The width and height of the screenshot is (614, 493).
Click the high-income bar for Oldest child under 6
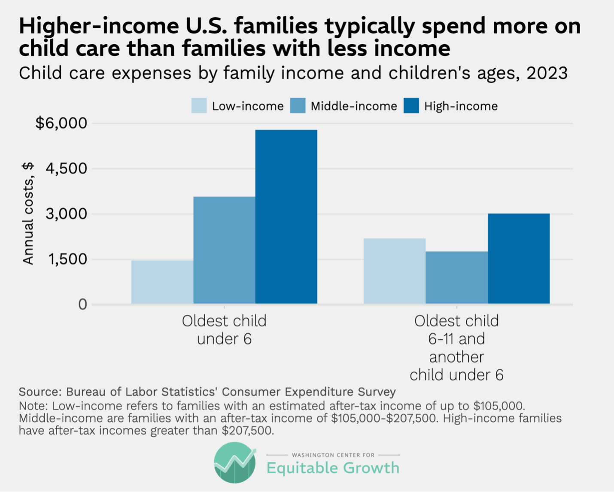pos(286,217)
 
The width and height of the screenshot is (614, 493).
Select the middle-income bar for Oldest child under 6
pos(224,250)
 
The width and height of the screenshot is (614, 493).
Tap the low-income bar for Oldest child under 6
pos(162,282)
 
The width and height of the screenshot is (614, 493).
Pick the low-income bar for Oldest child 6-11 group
pos(395,271)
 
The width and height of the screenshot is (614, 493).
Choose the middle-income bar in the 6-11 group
pos(456,277)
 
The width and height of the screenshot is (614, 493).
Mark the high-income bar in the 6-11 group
pos(518,259)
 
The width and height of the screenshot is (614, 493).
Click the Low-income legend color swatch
pos(199,106)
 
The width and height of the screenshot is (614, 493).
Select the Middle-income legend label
pos(354,106)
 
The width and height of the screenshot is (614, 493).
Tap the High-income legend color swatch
pos(411,106)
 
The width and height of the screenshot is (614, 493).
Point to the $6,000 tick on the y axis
pos(61,123)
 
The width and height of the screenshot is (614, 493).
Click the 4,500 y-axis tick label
pos(66,168)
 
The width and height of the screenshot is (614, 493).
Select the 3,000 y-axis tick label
pos(66,214)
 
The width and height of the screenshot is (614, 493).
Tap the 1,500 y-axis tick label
pos(66,259)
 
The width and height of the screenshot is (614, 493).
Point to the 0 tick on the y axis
pos(82,304)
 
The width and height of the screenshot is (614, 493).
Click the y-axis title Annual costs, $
pos(28,213)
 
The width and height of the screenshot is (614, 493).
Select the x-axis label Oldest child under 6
pos(224,330)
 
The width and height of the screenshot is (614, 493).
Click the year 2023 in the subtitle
pos(547,73)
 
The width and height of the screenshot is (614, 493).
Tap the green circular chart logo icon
pos(235,463)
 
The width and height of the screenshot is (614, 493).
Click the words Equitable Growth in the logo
pos(333,468)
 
